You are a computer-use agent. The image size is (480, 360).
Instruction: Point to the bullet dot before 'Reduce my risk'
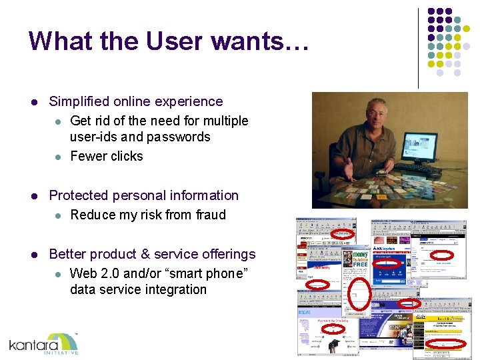click(58, 215)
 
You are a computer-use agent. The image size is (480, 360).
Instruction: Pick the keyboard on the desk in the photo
click(426, 173)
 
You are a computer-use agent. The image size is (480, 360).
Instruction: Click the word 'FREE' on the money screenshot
click(361, 265)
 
